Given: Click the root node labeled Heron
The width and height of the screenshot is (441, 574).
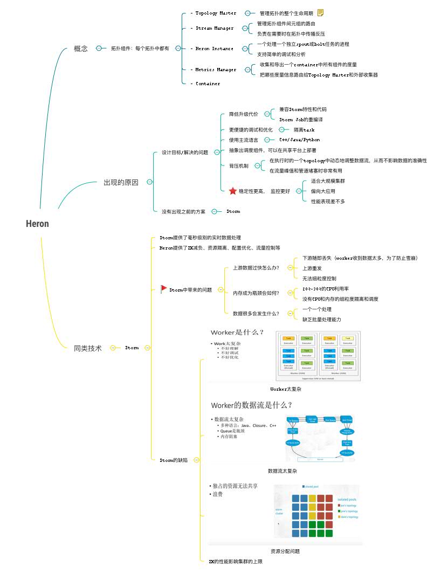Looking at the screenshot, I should pos(37,224).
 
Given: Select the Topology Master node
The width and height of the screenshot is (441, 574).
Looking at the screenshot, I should pos(215,13).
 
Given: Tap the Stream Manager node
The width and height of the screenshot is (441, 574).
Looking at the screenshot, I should pos(214,28).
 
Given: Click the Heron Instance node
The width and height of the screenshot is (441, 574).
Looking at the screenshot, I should pos(214,49).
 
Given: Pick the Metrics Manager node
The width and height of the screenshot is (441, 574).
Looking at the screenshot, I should pos(215,70).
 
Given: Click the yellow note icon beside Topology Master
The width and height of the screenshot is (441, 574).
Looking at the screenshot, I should pos(321,12).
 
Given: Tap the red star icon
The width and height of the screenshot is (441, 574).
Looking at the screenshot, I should pos(232,191).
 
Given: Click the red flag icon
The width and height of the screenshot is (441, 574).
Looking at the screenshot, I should pos(164,289).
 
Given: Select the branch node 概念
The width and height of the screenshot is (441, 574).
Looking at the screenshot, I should pos(81,49).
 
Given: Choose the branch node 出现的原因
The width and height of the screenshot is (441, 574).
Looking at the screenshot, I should pos(121,182).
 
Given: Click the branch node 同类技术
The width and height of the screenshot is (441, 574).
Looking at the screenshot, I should pos(87,348).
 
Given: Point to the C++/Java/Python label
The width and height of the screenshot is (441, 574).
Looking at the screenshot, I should pos(299,140).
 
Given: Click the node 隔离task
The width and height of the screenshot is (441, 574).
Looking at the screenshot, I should pos(304,130).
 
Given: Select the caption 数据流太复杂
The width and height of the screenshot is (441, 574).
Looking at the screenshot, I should pos(282,471).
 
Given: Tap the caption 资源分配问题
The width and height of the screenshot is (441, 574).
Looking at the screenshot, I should pos(285,551).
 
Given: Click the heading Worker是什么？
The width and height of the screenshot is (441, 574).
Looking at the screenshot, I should pos(237,332).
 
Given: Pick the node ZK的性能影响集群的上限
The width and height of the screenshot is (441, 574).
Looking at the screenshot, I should pos(236,562).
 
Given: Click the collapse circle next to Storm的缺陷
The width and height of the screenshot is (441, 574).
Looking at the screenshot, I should pos(196,460).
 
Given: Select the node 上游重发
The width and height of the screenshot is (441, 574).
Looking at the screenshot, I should pos(313,268).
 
